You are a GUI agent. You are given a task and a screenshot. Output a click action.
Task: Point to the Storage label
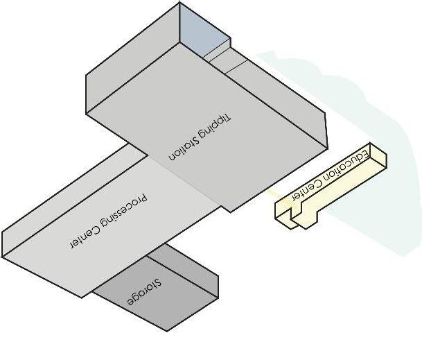point(144,293)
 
